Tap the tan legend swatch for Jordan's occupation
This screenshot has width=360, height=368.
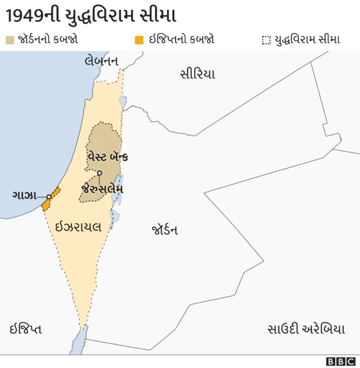[x=10, y=39]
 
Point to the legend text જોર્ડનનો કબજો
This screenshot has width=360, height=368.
[x=48, y=39]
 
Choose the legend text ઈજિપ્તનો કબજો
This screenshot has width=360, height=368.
[x=181, y=39]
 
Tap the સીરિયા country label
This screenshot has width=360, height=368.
[x=197, y=74]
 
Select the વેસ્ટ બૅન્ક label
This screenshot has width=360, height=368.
[x=107, y=157]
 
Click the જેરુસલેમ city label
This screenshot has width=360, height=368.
[x=102, y=189]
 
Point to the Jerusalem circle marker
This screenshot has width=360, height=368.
[x=100, y=173]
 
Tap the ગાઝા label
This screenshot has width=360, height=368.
[x=25, y=196]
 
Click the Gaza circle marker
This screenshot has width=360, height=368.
[x=49, y=196]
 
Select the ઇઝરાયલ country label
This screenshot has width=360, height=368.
[x=78, y=227]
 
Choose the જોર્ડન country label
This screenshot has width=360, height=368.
[x=165, y=230]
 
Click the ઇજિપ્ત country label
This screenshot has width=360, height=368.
[x=25, y=329]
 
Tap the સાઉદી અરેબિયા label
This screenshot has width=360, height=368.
[x=306, y=329]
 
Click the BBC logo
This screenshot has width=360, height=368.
[x=341, y=361]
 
